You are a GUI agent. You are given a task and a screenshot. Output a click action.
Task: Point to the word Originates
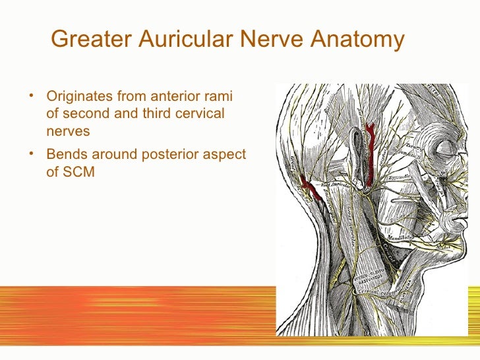[78, 97]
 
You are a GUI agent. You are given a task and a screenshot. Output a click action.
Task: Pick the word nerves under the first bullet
[68, 131]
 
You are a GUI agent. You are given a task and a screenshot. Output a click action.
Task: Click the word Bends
[65, 154]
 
